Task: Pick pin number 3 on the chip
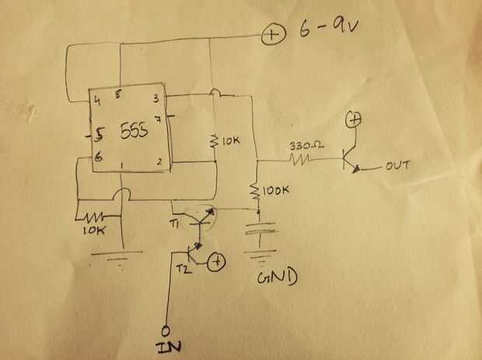tap(158, 99)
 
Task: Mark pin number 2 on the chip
tap(159, 161)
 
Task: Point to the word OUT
tap(395, 166)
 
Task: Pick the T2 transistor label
tap(183, 267)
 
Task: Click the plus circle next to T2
tap(219, 262)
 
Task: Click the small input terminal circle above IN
tap(166, 329)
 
